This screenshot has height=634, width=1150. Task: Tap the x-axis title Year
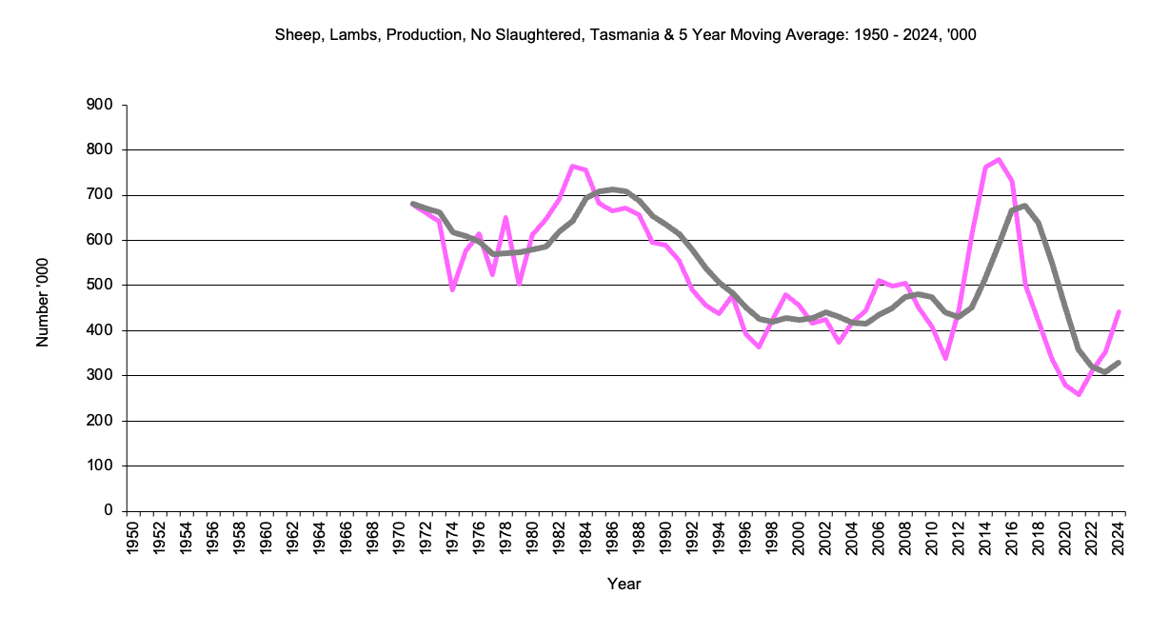(625, 584)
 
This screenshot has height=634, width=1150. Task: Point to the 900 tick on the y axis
(100, 105)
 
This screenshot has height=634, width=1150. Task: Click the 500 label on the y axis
(100, 286)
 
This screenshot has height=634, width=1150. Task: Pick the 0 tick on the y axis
(109, 511)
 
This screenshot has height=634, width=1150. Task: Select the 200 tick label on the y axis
(100, 421)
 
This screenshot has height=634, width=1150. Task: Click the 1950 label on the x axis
(133, 539)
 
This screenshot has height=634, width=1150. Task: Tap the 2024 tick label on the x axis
(1119, 539)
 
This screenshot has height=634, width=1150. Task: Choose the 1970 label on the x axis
(400, 539)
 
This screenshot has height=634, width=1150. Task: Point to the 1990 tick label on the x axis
(665, 539)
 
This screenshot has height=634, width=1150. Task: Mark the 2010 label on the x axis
(932, 539)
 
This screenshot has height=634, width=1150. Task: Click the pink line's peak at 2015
(999, 159)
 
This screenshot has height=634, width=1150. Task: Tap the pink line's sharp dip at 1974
(452, 289)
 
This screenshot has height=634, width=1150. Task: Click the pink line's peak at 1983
(572, 167)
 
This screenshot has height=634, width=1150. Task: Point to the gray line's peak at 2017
(1025, 206)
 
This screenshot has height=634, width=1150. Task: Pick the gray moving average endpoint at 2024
(1119, 363)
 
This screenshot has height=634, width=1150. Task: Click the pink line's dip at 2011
(945, 358)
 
